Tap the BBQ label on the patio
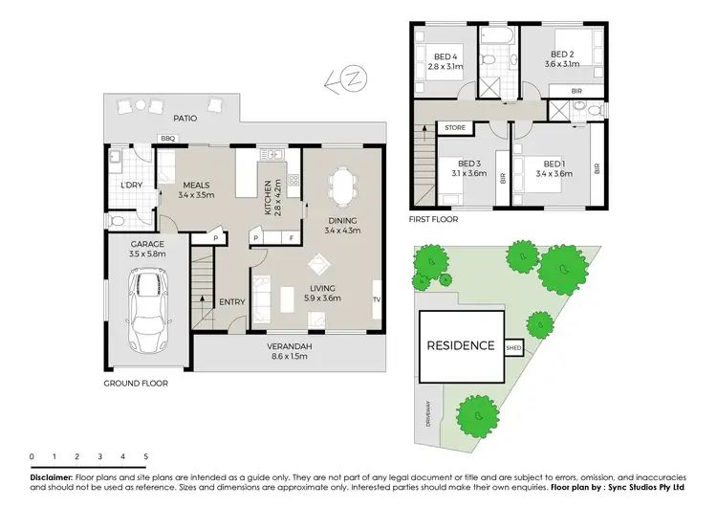168,139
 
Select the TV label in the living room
376,299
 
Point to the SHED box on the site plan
513,348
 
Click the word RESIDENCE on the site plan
461,346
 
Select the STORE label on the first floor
455,125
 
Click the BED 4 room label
445,55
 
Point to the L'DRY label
131,185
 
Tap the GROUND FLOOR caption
136,383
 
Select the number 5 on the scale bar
145,457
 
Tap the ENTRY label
232,302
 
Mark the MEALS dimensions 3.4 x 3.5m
196,195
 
